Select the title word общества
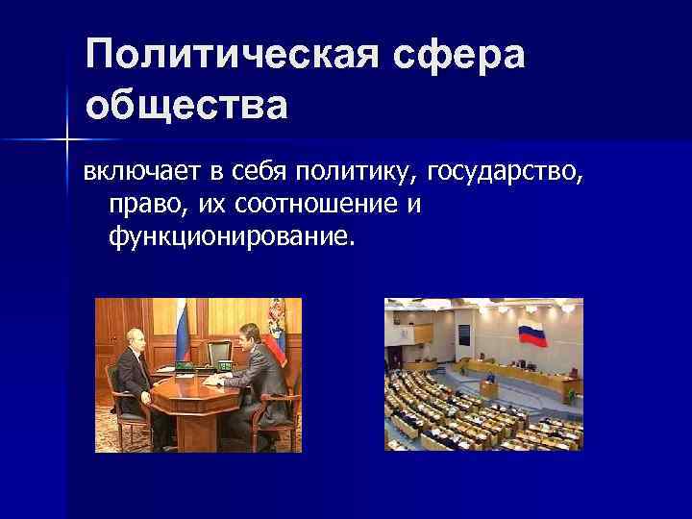coord(186,105)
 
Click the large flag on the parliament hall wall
coord(531,335)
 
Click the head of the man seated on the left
coord(124,340)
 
